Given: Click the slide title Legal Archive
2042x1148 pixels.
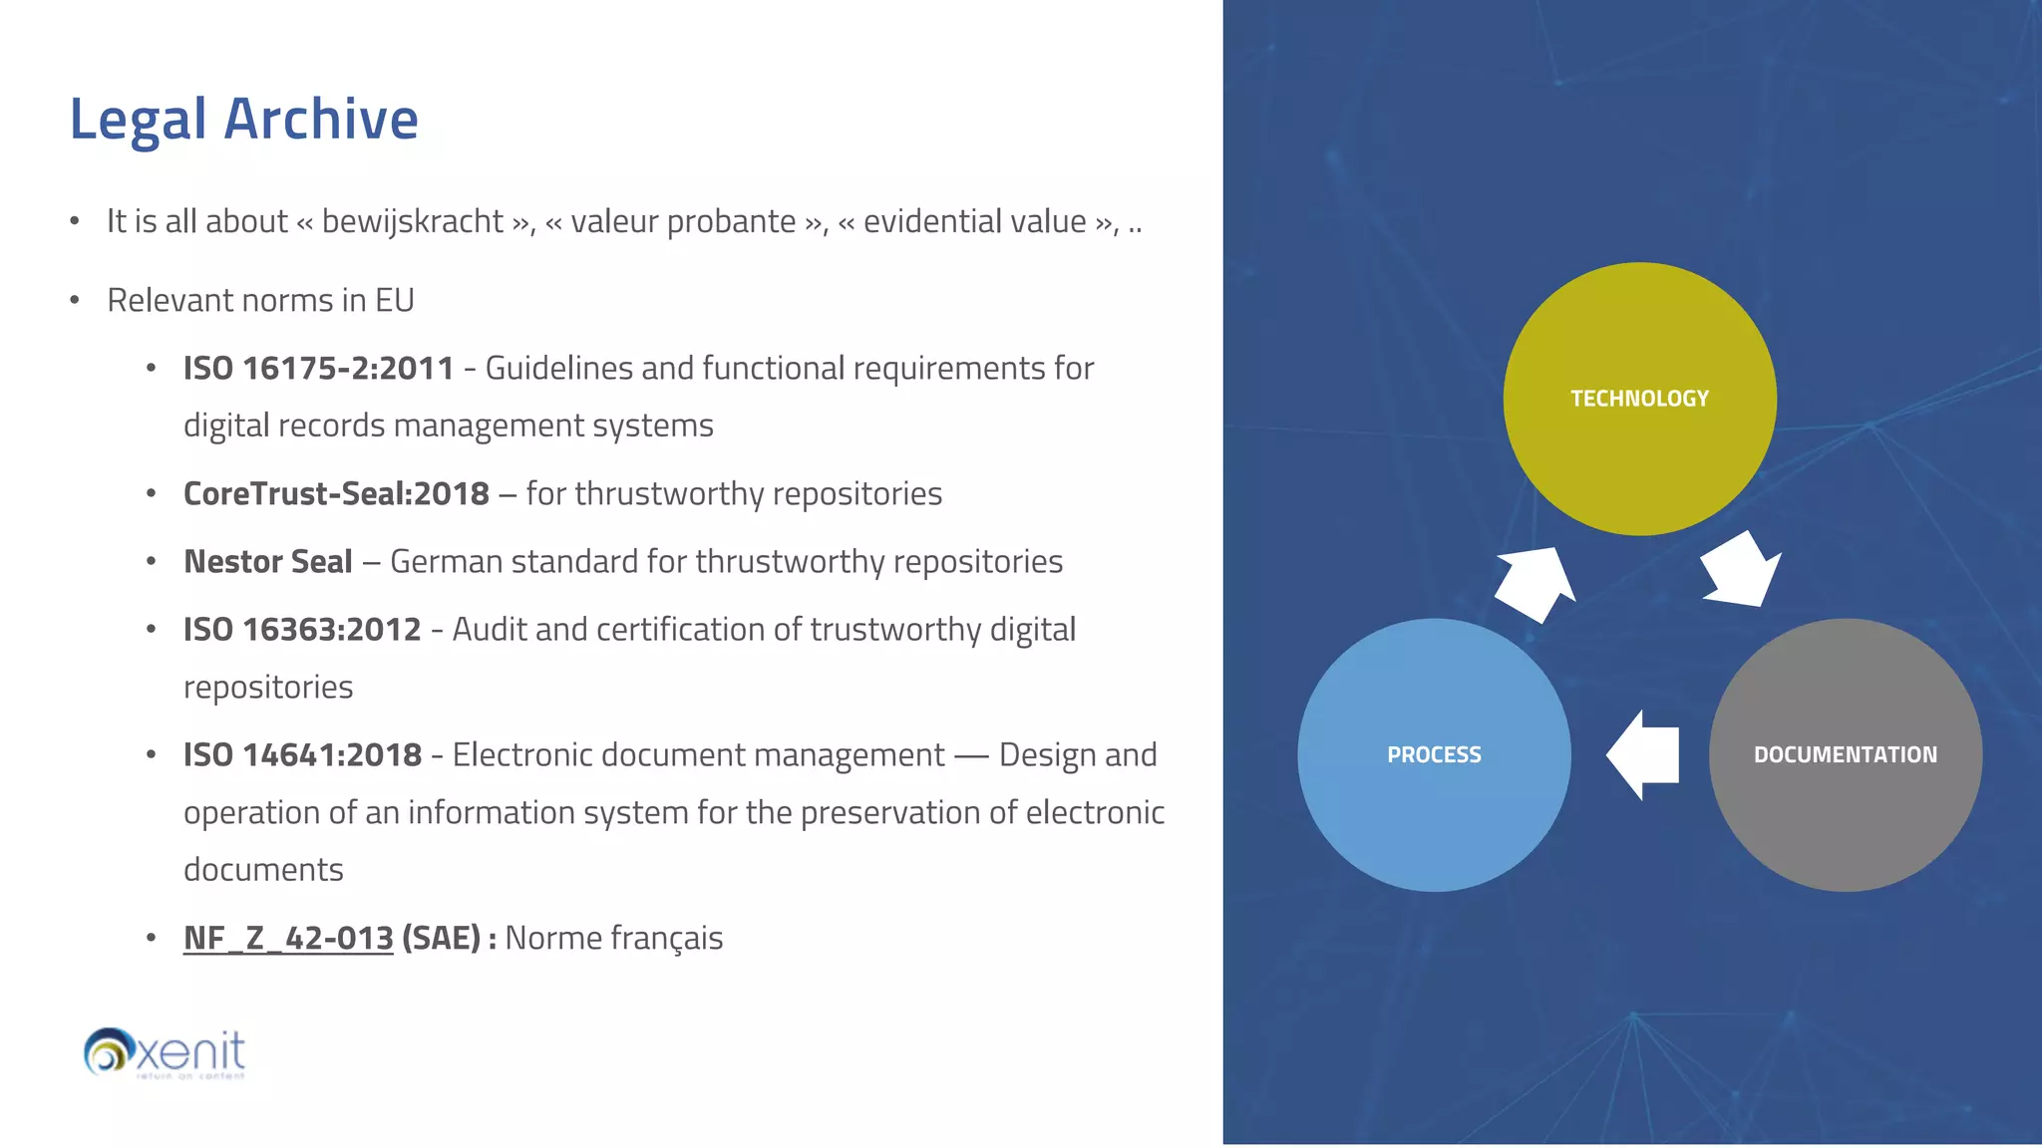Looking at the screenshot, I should tap(243, 120).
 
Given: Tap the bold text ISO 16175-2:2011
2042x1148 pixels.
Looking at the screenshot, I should tap(318, 369).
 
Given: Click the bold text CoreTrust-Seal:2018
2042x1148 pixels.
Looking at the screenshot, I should tap(336, 494).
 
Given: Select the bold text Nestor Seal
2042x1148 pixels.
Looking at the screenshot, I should tap(268, 562).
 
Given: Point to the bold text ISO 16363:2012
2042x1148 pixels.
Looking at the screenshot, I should tap(302, 630).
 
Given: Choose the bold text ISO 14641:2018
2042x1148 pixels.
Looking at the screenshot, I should tap(302, 755).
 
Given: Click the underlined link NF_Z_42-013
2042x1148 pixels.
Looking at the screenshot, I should tap(288, 939).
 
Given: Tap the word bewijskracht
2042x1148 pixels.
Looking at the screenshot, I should tap(412, 222).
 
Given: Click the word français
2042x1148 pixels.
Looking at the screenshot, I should tap(666, 939).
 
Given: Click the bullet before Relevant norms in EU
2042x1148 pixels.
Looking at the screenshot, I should tap(75, 301).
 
